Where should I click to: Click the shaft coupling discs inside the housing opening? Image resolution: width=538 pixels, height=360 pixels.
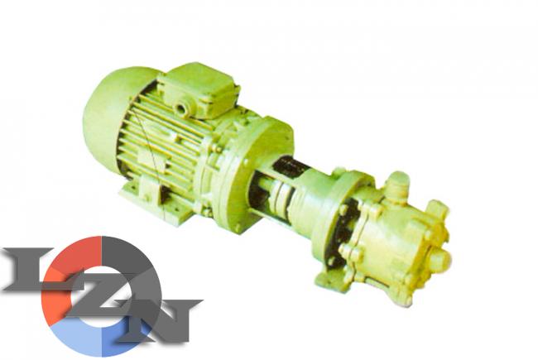click(x=281, y=199)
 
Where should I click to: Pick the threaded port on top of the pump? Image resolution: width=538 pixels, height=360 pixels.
click(x=398, y=184)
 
